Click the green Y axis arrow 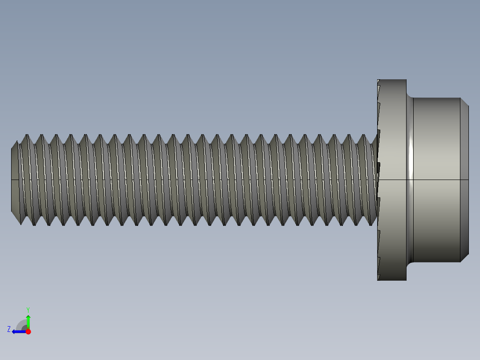28,320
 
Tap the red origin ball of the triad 28,331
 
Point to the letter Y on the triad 28,309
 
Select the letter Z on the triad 9,329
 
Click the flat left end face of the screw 14,178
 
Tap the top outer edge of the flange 392,80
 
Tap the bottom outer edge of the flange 392,280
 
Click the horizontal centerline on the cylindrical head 436,180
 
